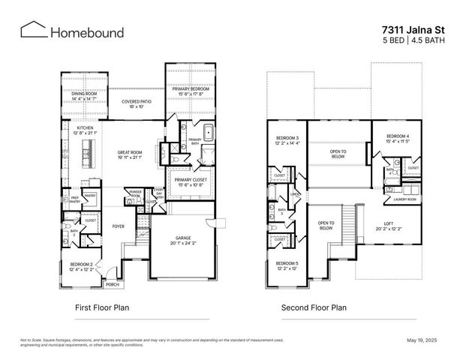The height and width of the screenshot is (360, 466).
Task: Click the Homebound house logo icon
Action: [x=32, y=30]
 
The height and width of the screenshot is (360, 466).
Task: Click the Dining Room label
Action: [x=84, y=95]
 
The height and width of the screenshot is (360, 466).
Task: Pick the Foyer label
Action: [x=119, y=225]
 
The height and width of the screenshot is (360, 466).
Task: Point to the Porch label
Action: [x=112, y=285]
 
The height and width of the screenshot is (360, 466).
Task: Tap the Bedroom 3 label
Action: [x=287, y=140]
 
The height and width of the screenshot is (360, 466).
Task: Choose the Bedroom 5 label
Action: [x=287, y=265]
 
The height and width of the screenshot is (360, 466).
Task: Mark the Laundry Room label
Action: [x=405, y=199]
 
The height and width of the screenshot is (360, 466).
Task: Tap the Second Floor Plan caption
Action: [x=314, y=307]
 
